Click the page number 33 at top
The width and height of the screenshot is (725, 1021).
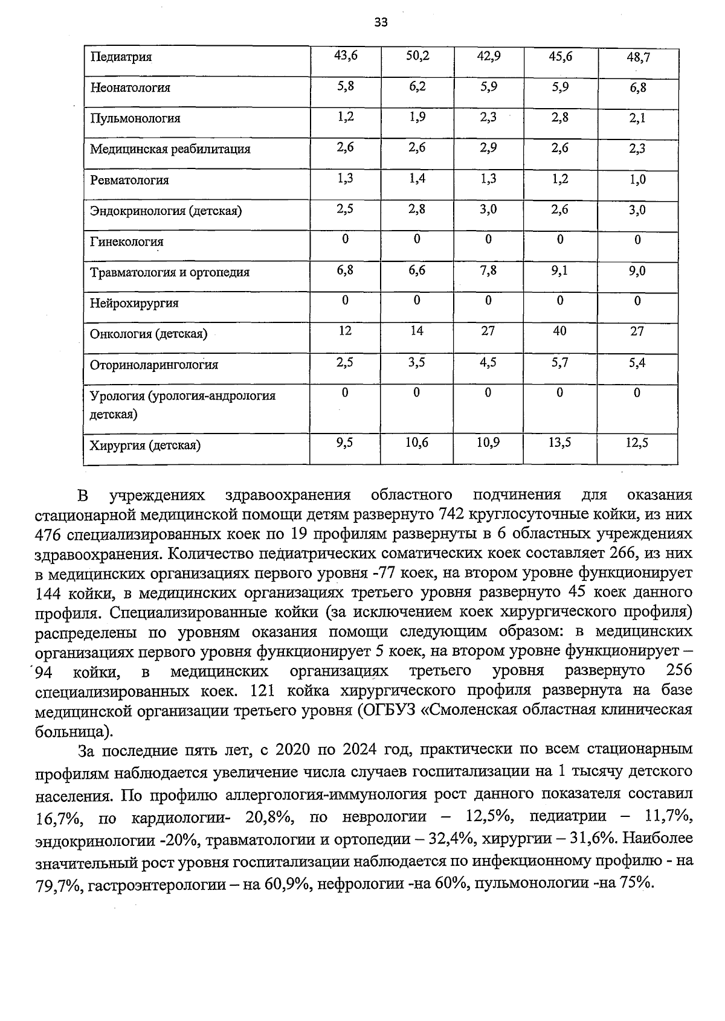click(x=381, y=23)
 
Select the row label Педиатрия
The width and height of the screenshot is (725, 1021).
click(x=121, y=57)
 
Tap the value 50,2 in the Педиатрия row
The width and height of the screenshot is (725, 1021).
click(x=417, y=56)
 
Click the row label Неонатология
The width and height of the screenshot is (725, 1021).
click(x=130, y=88)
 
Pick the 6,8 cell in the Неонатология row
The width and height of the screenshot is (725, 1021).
click(x=637, y=88)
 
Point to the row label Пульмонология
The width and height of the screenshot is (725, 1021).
click(x=135, y=118)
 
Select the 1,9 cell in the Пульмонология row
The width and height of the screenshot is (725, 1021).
click(x=417, y=117)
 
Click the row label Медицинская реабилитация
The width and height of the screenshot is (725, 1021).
click(x=170, y=149)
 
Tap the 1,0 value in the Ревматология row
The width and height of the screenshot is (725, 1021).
click(x=637, y=180)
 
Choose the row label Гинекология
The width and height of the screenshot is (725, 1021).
click(x=126, y=242)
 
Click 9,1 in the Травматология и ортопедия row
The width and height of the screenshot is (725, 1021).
click(x=559, y=271)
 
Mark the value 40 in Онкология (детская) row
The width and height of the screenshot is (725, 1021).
click(x=559, y=331)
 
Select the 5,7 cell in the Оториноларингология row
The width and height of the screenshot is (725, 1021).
click(x=559, y=363)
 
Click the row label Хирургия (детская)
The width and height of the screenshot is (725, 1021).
click(x=145, y=446)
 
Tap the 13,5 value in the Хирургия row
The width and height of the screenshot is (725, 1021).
click(x=559, y=443)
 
